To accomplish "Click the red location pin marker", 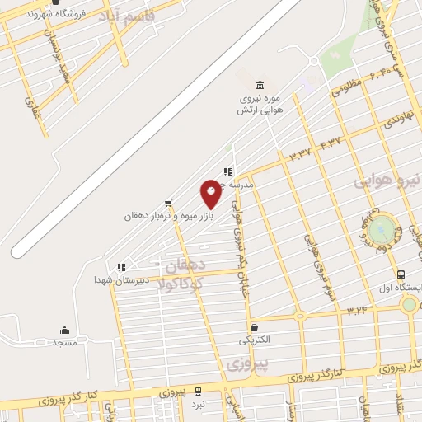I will pyautogui.click(x=211, y=193).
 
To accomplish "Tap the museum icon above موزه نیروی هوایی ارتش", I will pyautogui.click(x=260, y=85).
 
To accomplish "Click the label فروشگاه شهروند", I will pyautogui.click(x=73, y=13).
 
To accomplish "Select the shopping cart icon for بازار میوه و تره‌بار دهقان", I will pyautogui.click(x=168, y=202).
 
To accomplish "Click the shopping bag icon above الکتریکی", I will pyautogui.click(x=254, y=327).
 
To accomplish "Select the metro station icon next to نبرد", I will pyautogui.click(x=197, y=392).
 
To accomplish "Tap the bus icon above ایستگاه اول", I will pyautogui.click(x=401, y=275).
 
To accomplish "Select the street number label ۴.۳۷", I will pyautogui.click(x=330, y=142).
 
